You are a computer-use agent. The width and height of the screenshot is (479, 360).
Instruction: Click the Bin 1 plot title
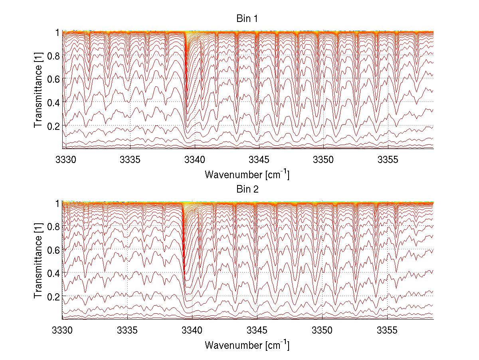coord(247,19)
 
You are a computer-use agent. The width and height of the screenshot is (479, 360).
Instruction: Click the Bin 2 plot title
coord(247,189)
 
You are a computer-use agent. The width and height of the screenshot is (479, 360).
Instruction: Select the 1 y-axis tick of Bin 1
coord(57,32)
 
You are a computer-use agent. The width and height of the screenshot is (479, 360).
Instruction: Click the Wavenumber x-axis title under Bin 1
coord(247,174)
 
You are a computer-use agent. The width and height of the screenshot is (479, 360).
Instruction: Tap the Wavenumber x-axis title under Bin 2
coord(247,345)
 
